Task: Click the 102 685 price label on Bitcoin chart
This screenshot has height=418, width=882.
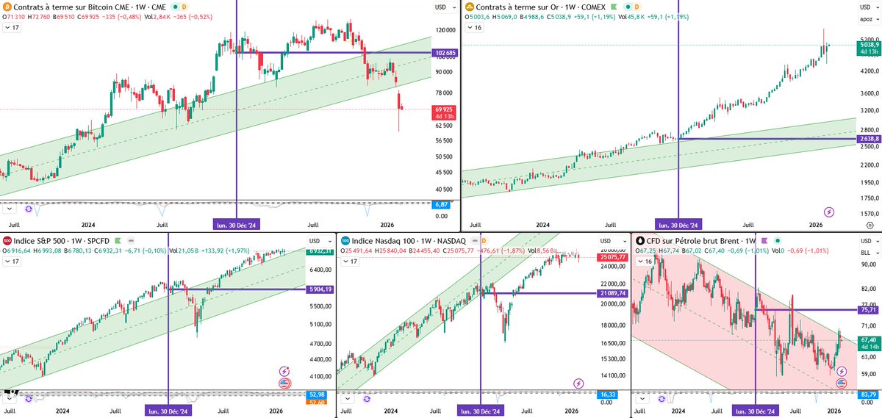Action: click(446, 53)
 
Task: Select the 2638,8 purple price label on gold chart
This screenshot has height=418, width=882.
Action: click(868, 139)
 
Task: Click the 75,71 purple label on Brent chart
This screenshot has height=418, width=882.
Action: click(869, 310)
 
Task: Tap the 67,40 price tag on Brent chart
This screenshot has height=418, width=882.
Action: click(869, 340)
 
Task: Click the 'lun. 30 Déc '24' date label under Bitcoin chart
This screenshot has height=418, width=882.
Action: click(237, 225)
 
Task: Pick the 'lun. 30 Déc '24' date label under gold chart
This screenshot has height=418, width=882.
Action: click(678, 225)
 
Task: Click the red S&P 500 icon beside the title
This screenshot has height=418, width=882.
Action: click(7, 241)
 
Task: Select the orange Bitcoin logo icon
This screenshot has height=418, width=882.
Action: click(7, 7)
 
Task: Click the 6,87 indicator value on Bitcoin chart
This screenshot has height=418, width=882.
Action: click(442, 204)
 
